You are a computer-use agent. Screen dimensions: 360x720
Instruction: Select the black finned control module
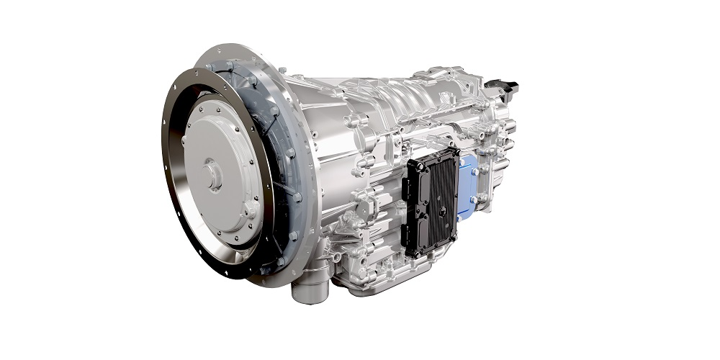[x=431, y=202]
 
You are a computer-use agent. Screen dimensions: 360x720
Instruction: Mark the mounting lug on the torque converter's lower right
[x=250, y=210]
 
